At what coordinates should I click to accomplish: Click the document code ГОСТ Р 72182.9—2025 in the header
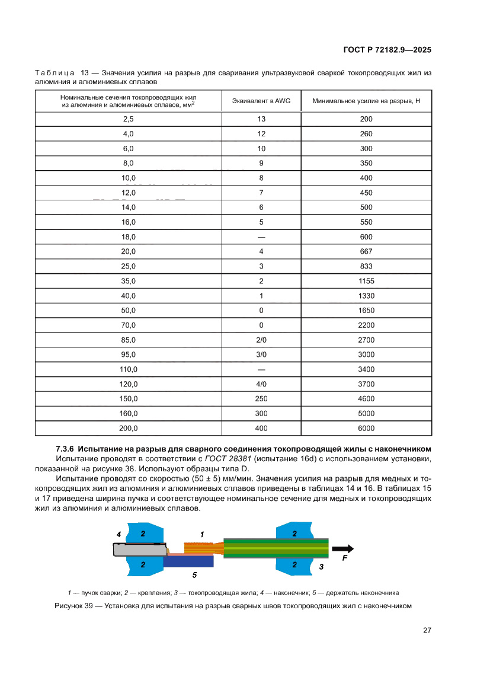click(387, 50)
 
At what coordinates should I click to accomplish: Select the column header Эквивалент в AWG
click(261, 101)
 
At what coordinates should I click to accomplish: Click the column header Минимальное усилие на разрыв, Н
click(366, 101)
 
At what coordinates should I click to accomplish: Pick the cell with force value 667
click(366, 251)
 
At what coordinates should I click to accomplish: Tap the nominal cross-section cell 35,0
click(129, 281)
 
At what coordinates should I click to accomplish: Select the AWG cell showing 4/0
click(261, 384)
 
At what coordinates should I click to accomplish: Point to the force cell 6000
click(366, 428)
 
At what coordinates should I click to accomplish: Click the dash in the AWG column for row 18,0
click(261, 237)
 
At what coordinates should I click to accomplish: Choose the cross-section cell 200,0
click(129, 428)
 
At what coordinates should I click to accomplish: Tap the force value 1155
click(366, 281)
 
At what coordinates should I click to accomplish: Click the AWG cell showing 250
click(261, 398)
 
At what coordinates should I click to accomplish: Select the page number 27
click(427, 630)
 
